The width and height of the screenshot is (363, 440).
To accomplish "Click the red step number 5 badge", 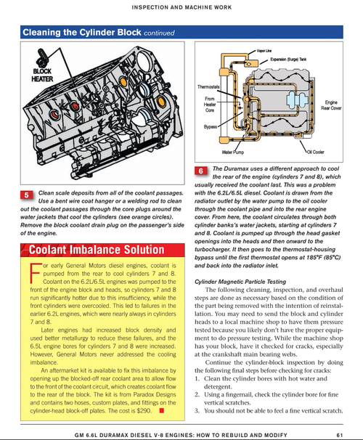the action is coord(27,195).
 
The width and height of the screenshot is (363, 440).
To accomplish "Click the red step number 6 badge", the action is coord(201,171).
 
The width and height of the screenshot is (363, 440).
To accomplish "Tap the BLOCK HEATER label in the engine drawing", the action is coord(42,76).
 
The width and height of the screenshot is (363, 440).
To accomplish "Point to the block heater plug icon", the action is coord(43,58).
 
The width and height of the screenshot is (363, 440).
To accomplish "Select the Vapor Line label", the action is coord(264,51).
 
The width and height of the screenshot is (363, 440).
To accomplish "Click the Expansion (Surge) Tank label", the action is coord(288,60).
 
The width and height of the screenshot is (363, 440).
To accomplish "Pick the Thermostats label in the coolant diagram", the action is coord(208,86).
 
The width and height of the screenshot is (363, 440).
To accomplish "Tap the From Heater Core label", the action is coord(210,105).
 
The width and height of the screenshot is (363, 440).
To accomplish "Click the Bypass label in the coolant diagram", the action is coord(211,126).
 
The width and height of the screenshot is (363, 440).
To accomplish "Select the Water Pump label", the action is coord(233,152).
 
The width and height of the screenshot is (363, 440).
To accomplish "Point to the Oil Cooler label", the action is coord(315,152).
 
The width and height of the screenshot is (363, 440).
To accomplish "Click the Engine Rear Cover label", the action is coord(331,105).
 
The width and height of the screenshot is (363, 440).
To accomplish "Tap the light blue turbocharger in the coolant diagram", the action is coord(297,99).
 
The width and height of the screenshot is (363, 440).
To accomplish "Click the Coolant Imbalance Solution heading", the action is coord(97,250).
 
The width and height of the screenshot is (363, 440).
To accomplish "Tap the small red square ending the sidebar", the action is coord(161,410).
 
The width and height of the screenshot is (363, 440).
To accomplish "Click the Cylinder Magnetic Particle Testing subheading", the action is coord(240,282).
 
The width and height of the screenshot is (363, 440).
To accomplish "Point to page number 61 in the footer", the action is coord(340,435).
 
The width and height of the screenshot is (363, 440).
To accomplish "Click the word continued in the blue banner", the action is coord(159,33).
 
